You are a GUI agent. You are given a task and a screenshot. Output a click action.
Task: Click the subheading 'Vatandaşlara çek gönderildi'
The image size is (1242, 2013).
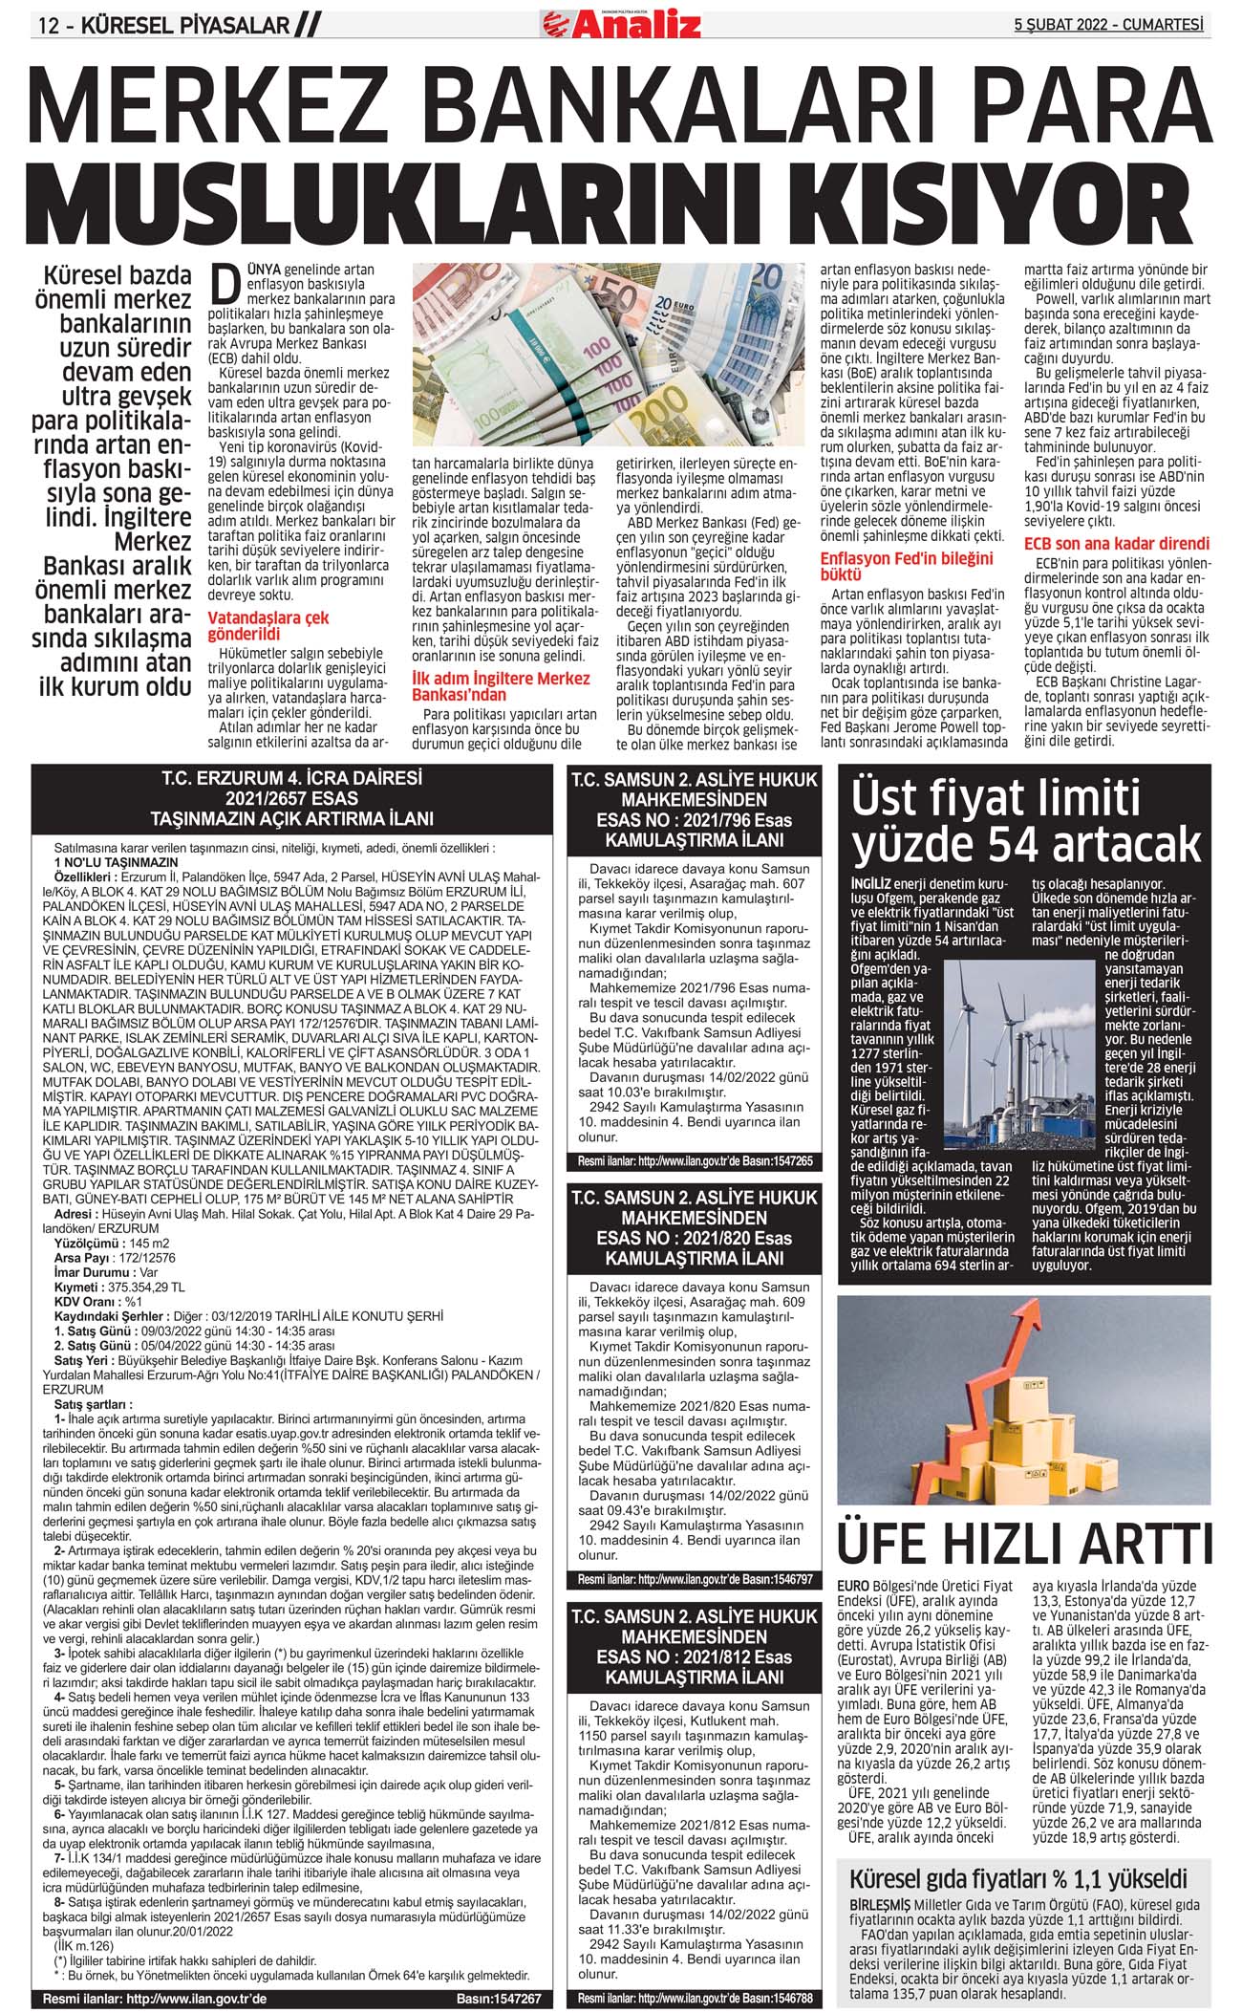pos(268,626)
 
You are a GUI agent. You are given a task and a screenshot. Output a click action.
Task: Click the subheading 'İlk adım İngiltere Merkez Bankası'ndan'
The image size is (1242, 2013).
pos(501,686)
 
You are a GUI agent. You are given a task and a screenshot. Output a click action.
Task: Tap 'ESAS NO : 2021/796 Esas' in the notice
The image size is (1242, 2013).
pos(694,820)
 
